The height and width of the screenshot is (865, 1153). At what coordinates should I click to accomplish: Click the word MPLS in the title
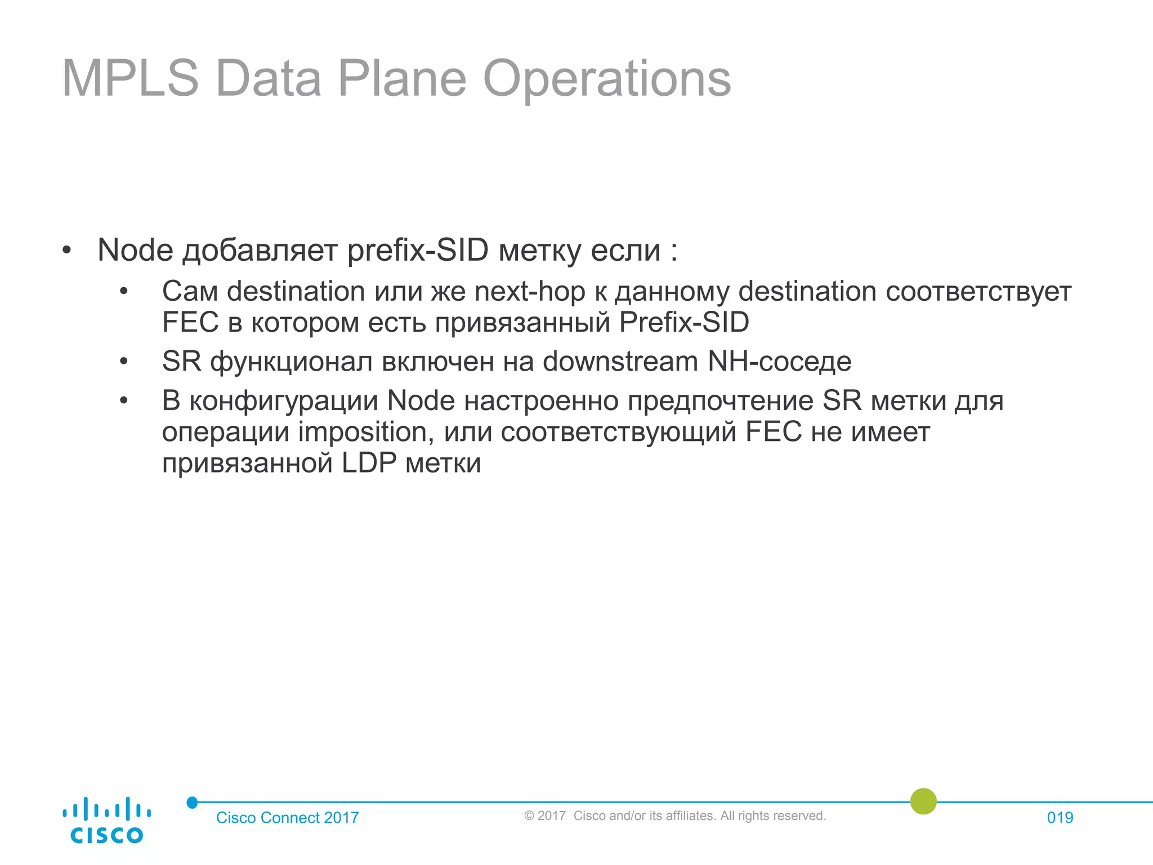click(130, 79)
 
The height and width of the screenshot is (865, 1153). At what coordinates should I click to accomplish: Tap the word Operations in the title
click(606, 79)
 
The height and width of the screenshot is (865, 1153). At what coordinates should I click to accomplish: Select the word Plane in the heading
click(402, 79)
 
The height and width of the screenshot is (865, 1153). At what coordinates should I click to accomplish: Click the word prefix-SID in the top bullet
click(418, 250)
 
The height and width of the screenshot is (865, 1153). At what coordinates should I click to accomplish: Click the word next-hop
click(530, 292)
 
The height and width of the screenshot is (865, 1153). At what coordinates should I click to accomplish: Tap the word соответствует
click(978, 292)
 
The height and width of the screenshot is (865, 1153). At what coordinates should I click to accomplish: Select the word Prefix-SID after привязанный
click(684, 323)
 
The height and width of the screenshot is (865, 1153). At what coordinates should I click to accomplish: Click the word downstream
click(620, 362)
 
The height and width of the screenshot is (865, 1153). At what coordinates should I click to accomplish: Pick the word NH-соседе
click(779, 362)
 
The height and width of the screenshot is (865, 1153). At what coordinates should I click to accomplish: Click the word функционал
click(291, 362)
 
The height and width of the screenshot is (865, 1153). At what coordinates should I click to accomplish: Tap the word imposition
click(366, 432)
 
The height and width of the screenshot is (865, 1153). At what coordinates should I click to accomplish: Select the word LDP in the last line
click(369, 463)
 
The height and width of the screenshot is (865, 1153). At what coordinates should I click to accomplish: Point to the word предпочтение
click(720, 401)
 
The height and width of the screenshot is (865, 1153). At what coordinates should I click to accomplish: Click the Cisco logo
click(106, 820)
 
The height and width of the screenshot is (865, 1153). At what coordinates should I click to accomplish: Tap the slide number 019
click(1060, 818)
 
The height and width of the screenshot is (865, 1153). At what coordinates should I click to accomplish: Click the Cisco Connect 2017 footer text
click(287, 818)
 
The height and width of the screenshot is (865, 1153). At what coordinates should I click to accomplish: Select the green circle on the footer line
click(923, 801)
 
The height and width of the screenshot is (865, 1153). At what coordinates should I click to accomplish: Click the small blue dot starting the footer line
click(192, 802)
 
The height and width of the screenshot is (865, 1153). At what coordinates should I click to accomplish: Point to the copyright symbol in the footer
click(529, 816)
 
